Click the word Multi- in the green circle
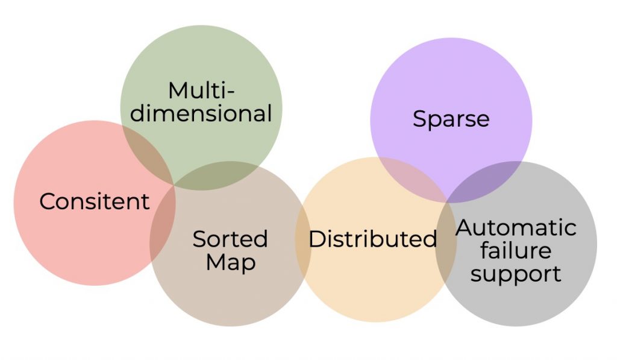[x=201, y=91]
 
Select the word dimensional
[x=201, y=113]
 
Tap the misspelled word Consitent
[x=94, y=201]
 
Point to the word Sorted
[x=230, y=239]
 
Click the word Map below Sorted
[x=230, y=263]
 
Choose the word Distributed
[x=372, y=239]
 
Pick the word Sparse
[x=451, y=119]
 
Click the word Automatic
[x=516, y=228]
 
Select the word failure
[x=516, y=250]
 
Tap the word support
[x=516, y=273]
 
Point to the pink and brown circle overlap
[x=163, y=223]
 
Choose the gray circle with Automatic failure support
[x=530, y=302]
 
